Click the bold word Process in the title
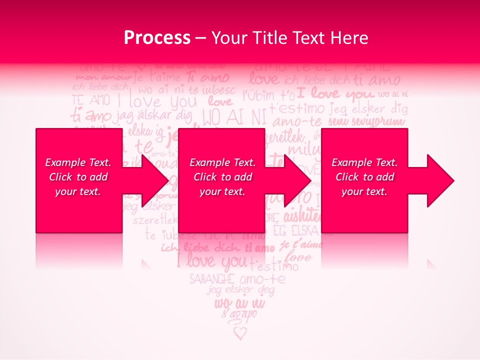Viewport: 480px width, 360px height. pos(157,38)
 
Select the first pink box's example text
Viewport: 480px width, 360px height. pos(78,177)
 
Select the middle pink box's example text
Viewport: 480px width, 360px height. pos(222,177)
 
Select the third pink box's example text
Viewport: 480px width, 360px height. pos(364,177)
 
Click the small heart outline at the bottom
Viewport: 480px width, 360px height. pos(240,332)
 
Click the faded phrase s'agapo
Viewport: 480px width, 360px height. pos(239,314)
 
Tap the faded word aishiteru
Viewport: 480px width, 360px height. pos(302,216)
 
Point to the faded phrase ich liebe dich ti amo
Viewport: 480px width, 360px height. pos(217,247)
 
